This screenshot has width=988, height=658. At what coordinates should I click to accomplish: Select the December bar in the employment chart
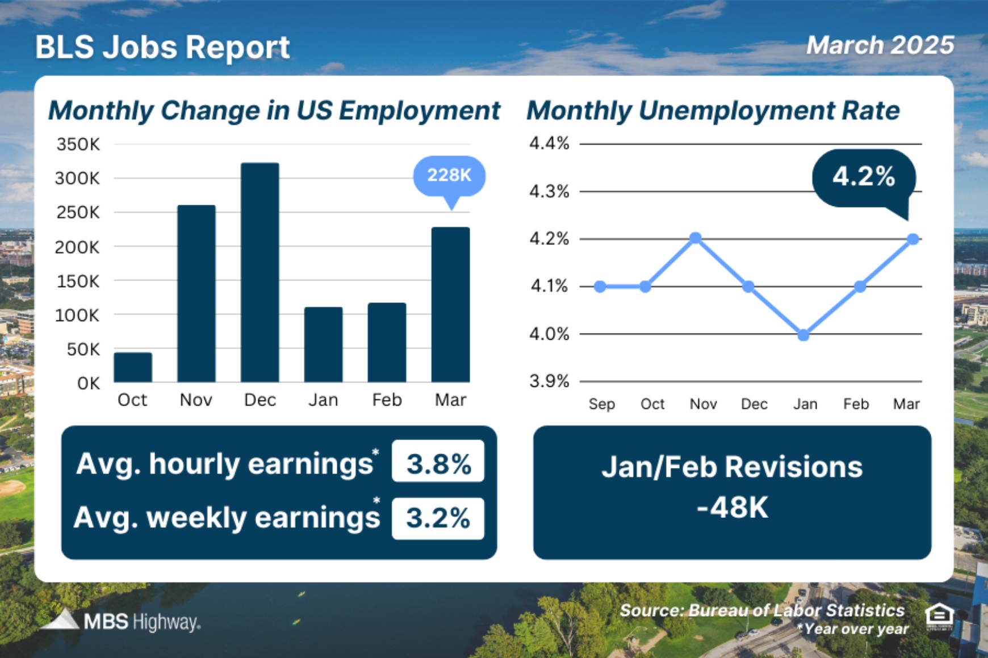point(259,272)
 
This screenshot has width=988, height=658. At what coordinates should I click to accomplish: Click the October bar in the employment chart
point(132,367)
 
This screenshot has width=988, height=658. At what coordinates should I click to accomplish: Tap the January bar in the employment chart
point(323,344)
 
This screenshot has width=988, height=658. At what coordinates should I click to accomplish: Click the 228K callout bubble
point(449,175)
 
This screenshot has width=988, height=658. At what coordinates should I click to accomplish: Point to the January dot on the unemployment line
point(803,335)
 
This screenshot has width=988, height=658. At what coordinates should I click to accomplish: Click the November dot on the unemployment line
point(696,238)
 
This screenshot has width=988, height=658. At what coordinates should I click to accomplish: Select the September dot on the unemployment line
point(600,286)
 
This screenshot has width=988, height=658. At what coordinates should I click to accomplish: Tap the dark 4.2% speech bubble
point(863,177)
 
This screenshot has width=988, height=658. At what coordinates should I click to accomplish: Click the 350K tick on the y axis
point(78,145)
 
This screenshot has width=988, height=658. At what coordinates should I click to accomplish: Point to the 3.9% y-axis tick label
point(549,381)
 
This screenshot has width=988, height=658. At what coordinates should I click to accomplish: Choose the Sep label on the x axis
point(601,404)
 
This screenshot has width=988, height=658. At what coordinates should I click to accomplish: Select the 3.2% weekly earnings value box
point(438,518)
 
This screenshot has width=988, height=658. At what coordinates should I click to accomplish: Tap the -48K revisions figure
point(732,508)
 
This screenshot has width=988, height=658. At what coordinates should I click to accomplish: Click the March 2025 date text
point(880,45)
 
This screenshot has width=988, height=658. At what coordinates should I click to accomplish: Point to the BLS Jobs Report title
point(162,47)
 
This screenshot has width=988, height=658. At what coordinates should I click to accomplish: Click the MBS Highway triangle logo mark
point(61,620)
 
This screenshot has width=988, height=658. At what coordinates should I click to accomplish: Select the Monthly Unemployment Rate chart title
point(713,111)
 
